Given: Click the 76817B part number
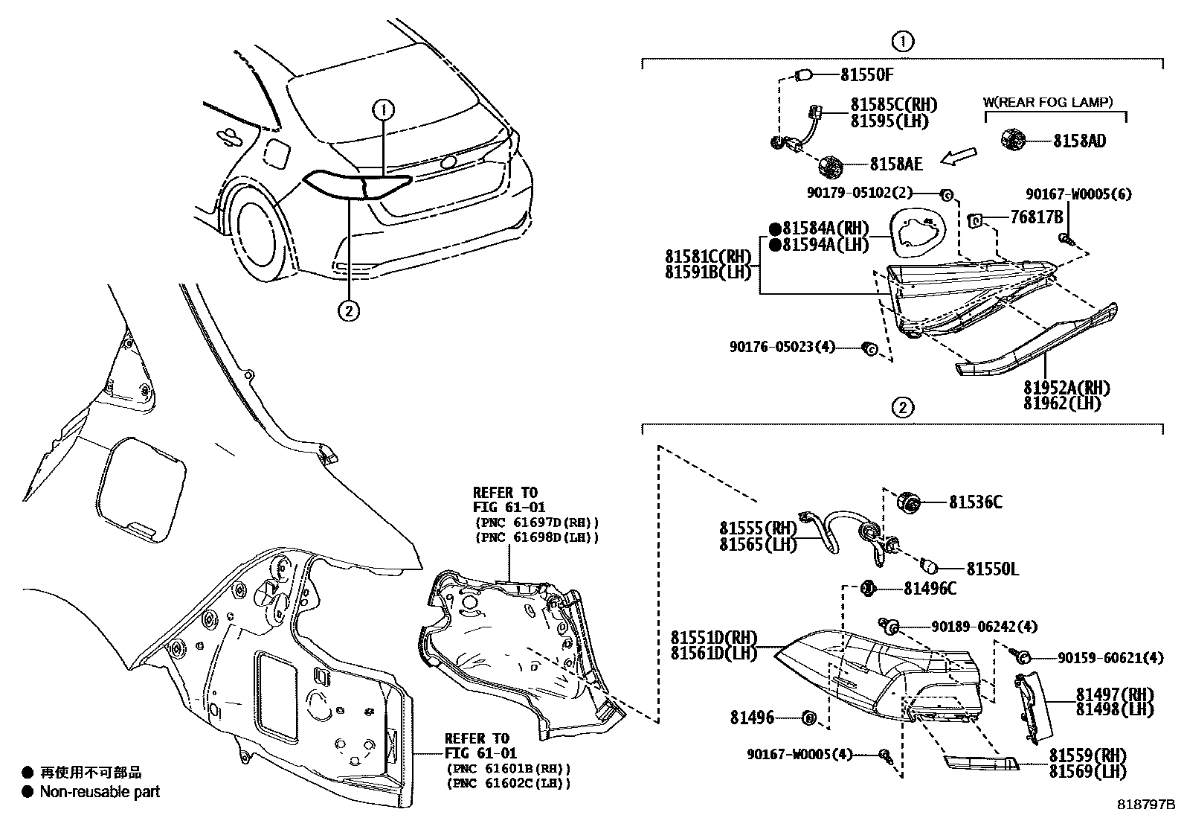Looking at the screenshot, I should (1035, 217).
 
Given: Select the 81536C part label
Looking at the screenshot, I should (975, 502).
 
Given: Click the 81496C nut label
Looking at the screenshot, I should (930, 589).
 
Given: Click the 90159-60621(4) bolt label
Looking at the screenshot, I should (1110, 658).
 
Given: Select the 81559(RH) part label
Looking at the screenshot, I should (1087, 755).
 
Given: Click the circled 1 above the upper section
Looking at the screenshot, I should (902, 42).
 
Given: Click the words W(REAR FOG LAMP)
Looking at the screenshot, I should (1049, 103).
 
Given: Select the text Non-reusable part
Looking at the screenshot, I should (100, 792).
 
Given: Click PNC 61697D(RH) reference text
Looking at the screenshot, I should (535, 523).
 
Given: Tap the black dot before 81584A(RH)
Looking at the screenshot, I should (774, 229).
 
